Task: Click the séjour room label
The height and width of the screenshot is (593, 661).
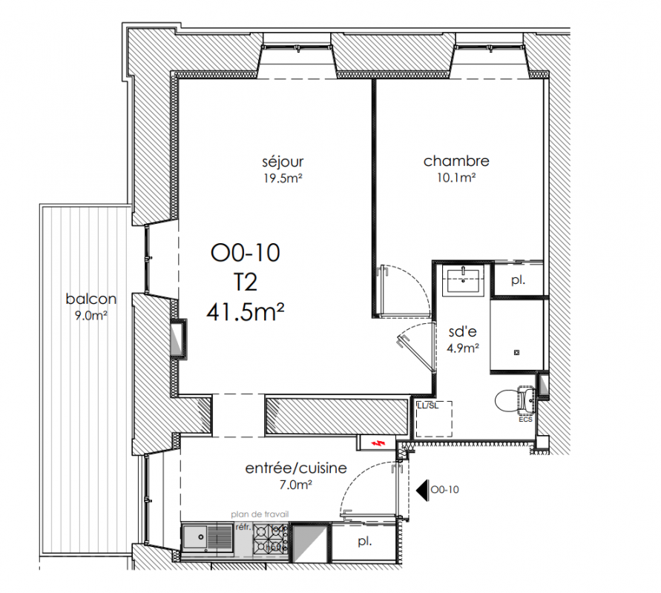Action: click(283, 162)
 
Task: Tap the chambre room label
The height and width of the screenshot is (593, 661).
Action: click(456, 161)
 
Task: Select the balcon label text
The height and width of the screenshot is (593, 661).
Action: click(91, 299)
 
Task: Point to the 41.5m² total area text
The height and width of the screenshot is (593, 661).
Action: click(246, 312)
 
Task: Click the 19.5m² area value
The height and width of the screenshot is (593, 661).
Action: click(283, 179)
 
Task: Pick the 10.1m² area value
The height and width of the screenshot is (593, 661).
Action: click(456, 178)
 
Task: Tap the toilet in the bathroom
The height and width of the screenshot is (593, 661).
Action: click(514, 399)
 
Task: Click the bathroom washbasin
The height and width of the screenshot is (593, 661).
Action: click(463, 281)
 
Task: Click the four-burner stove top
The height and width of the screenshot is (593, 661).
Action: click(270, 539)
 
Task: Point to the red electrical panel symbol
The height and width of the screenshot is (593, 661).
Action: click(378, 443)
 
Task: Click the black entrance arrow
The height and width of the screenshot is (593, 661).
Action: click(422, 490)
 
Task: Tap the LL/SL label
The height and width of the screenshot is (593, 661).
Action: click(427, 406)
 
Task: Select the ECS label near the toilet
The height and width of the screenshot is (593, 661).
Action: click(526, 420)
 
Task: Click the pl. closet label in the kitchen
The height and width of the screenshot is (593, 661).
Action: click(365, 542)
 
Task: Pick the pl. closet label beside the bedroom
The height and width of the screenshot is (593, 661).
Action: click(518, 280)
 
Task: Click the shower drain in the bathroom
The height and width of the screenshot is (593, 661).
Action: click(517, 353)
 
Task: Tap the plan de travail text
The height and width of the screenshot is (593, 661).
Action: click(260, 514)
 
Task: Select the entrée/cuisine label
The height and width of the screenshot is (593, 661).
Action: click(296, 468)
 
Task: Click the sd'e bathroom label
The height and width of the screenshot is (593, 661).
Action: click(463, 332)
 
